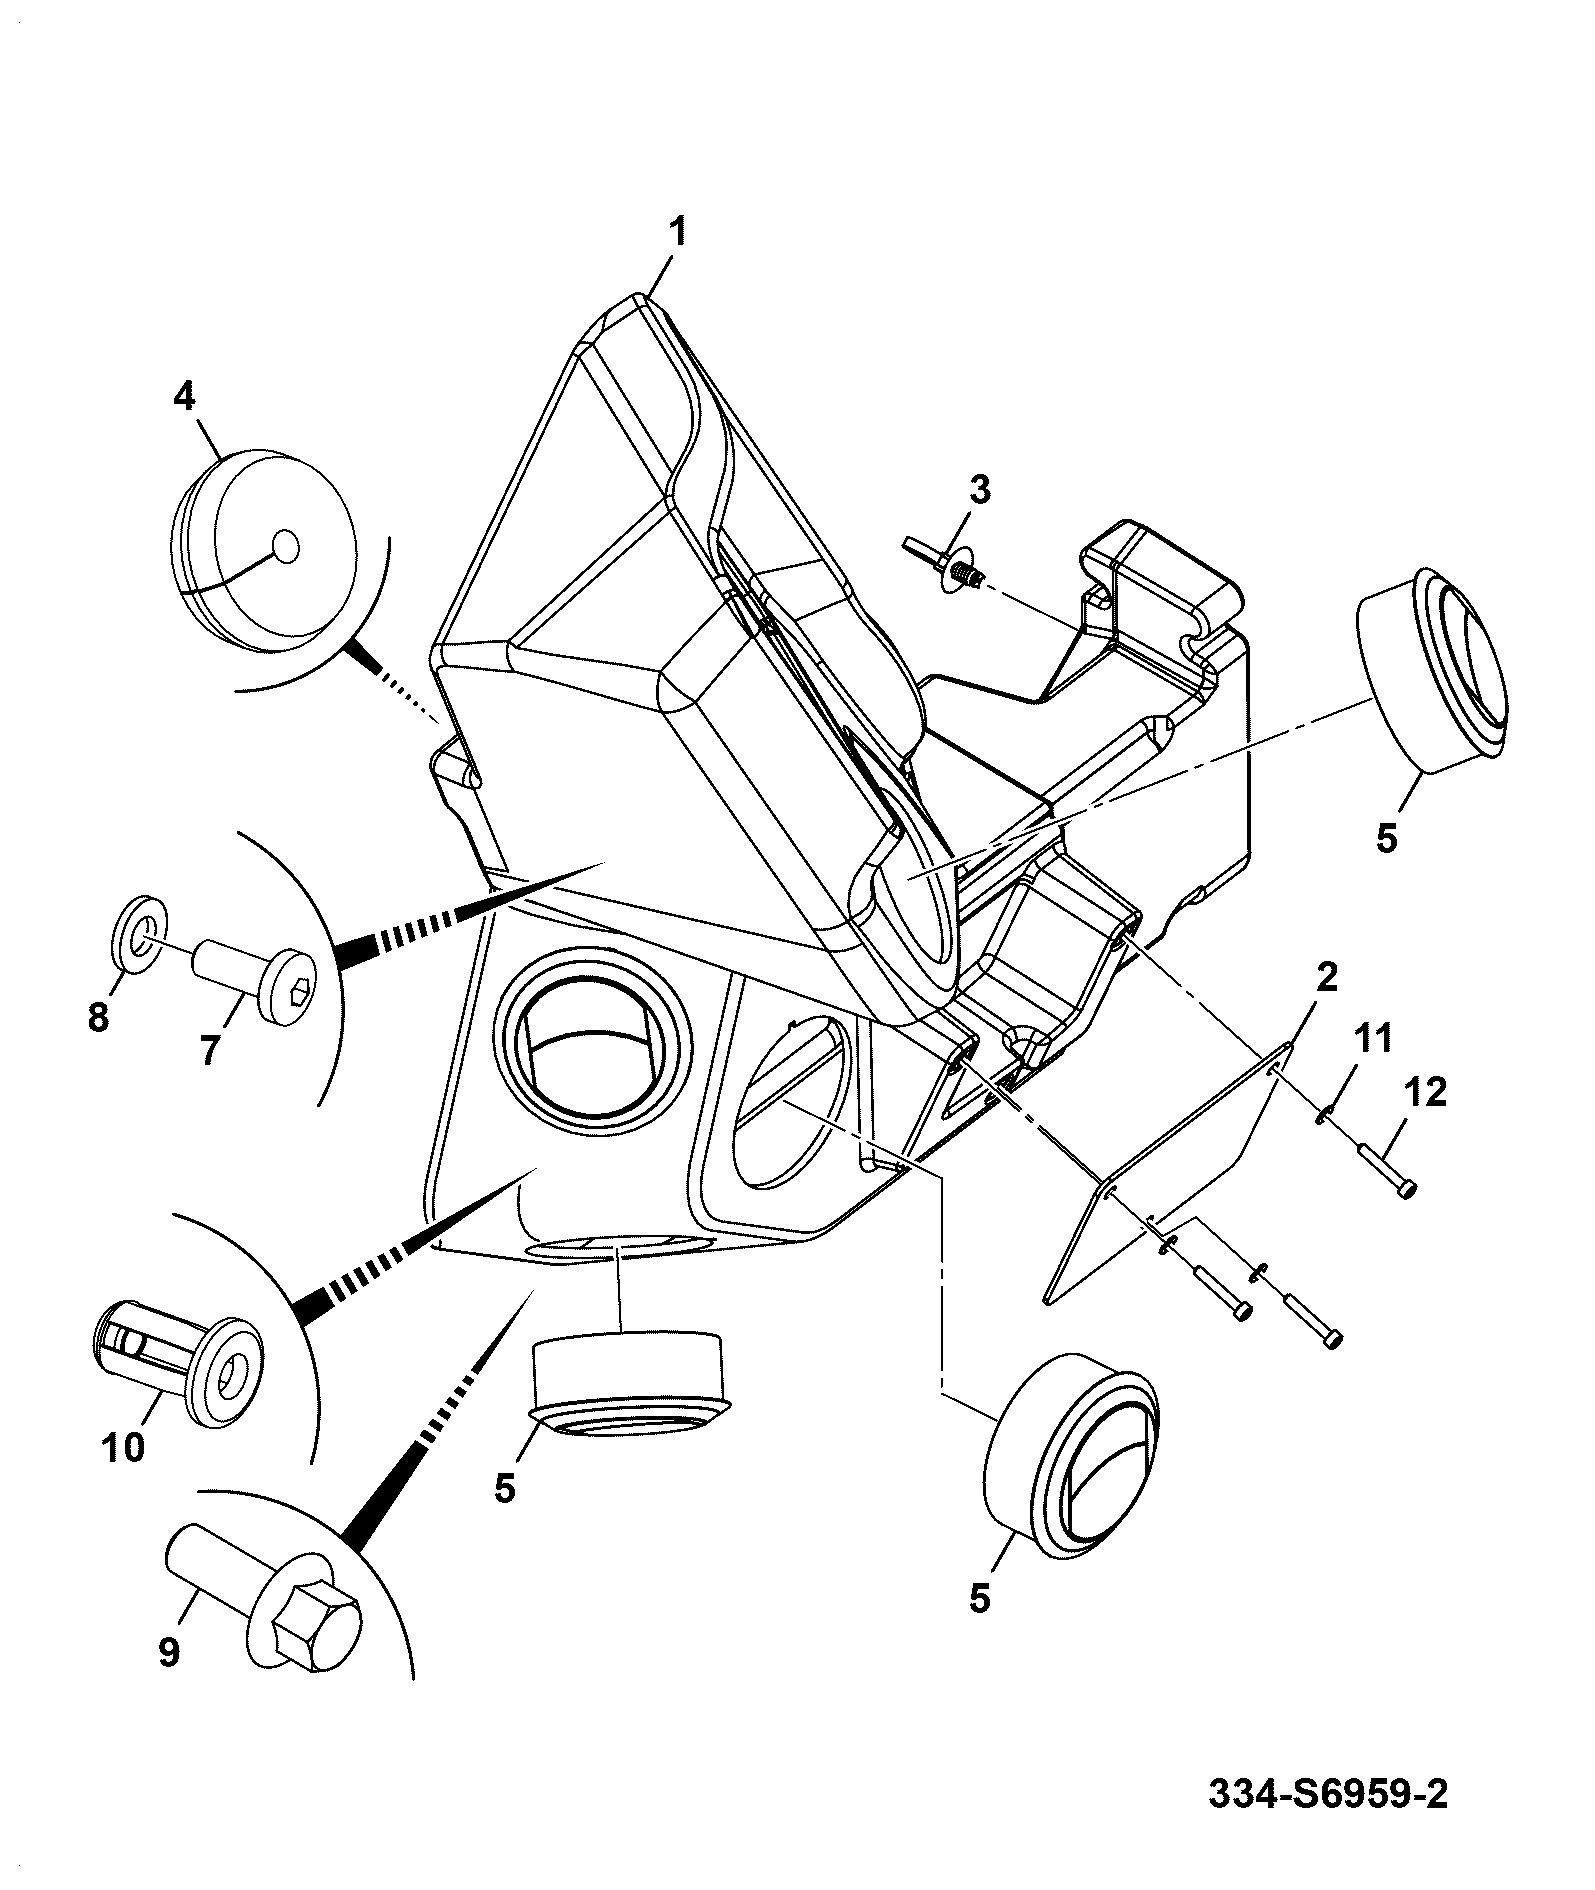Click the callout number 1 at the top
click(x=678, y=233)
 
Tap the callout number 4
click(x=184, y=397)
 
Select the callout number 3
click(x=979, y=490)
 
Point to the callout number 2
click(x=1326, y=977)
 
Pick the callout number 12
click(x=1425, y=1093)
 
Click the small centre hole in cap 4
click(x=286, y=547)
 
